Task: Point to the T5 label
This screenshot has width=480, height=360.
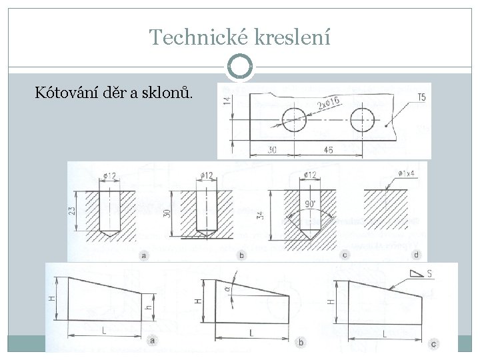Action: (x=421, y=98)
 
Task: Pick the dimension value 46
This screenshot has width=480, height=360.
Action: (x=328, y=151)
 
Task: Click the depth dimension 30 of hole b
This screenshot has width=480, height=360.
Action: (x=167, y=213)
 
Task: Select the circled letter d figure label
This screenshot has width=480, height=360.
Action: (x=417, y=255)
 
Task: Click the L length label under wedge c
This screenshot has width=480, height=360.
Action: (x=385, y=333)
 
